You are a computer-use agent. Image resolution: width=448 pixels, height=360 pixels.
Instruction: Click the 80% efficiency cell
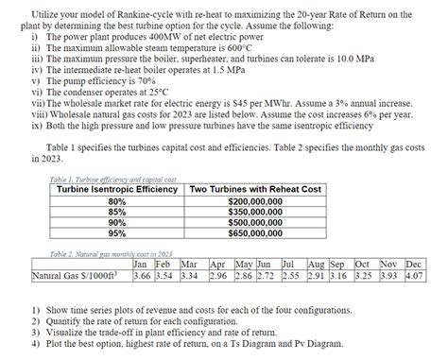117,202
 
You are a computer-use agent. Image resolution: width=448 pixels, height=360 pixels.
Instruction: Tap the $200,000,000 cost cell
255,202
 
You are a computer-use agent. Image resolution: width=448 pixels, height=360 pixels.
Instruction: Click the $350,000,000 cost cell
255,212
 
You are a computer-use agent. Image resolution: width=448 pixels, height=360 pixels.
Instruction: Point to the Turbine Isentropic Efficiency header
117,190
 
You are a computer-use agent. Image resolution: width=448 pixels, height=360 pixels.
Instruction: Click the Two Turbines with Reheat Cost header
255,190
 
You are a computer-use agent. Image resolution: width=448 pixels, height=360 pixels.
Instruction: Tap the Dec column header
413,266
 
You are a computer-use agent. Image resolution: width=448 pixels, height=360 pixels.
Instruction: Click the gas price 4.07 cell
413,276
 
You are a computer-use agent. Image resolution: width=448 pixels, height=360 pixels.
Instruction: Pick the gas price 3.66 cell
142,276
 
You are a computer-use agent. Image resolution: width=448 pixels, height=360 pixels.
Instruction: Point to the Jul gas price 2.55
290,276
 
